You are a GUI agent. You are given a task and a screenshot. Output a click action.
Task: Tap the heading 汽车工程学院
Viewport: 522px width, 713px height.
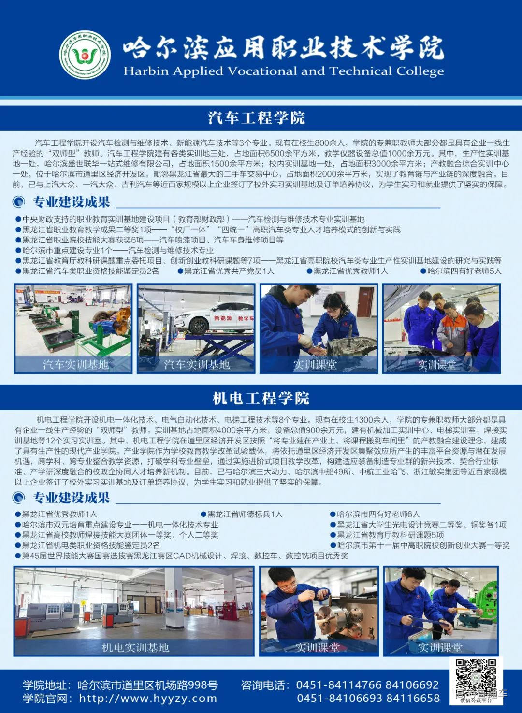257,117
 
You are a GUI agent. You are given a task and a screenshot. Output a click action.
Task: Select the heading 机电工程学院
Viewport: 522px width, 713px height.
261,398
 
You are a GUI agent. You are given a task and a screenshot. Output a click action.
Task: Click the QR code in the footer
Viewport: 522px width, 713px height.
476,678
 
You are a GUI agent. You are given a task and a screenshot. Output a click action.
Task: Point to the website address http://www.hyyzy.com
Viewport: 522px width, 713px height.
148,698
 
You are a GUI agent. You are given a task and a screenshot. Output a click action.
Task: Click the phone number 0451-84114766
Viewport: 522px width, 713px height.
333,685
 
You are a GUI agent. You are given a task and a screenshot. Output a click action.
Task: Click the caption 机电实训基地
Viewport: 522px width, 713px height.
135,647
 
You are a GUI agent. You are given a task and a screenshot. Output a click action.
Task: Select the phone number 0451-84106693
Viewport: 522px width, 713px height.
333,698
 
